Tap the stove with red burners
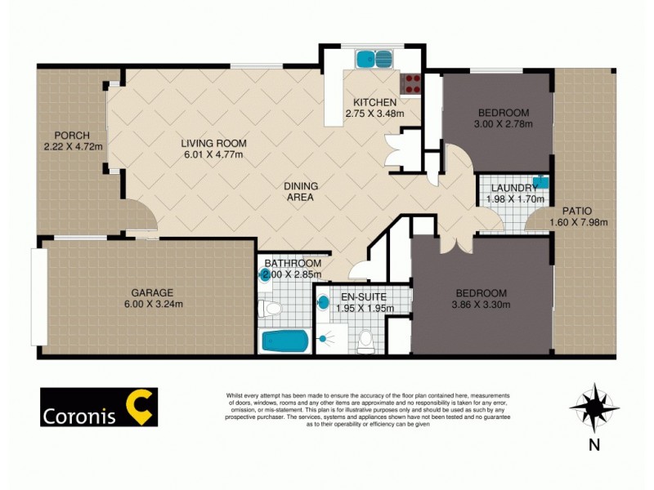pos(410,83)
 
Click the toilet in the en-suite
pos(365,341)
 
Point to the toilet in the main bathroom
pos(269,309)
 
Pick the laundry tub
pos(540,182)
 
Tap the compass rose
pos(594,407)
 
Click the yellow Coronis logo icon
pos(139,407)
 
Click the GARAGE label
pos(151,293)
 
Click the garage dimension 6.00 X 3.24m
pos(152,305)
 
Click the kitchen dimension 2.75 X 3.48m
pos(374,114)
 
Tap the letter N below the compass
pos(594,445)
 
